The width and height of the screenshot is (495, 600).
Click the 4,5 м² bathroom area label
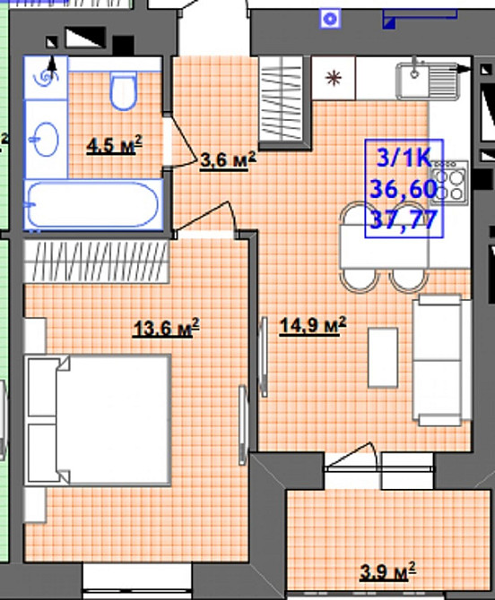114,145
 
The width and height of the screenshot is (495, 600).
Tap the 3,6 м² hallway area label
228,160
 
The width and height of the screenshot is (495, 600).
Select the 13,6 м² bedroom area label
166,328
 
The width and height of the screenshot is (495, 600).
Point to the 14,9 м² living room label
313,325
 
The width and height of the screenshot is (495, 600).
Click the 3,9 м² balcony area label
387,571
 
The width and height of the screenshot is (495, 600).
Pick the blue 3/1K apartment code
404,158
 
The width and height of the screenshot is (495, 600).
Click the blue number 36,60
404,189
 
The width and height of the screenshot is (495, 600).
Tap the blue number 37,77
404,219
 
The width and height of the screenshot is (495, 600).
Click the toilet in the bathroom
124,90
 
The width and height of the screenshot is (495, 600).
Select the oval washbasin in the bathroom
45,140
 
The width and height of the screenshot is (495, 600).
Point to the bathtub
93,205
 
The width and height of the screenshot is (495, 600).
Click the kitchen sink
428,81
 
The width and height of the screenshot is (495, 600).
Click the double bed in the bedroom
98,421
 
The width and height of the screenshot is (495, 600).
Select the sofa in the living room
441,360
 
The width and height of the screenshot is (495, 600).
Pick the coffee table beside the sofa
383,357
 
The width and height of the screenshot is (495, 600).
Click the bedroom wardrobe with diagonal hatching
96,261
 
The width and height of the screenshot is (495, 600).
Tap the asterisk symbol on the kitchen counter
334,78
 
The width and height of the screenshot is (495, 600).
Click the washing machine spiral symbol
46,78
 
